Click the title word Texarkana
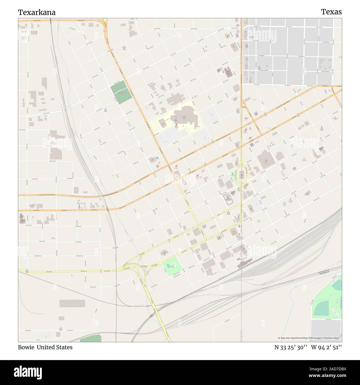37,12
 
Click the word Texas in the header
331,12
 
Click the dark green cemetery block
121,93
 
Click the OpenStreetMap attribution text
310,338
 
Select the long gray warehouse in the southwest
72,303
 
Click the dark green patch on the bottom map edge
91,338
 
